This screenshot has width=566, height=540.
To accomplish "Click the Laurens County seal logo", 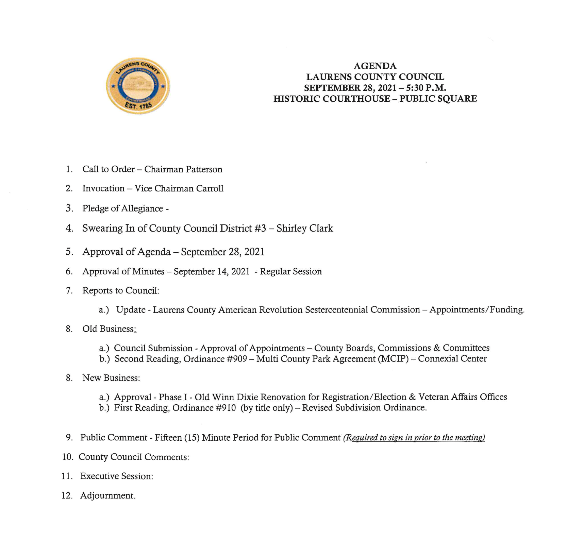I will (x=138, y=86).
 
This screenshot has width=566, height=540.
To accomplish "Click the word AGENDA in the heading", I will (x=375, y=66).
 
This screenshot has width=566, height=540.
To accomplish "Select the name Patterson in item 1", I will (x=203, y=169).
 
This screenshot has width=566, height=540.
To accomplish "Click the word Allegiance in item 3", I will (x=143, y=208).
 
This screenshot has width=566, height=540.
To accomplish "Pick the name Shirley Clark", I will (x=304, y=228).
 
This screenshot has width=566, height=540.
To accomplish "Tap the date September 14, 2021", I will (x=211, y=271).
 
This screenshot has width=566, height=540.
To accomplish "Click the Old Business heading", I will (x=109, y=329).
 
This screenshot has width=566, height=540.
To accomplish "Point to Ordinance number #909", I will (x=237, y=359).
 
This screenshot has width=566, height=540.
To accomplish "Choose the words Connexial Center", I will (x=452, y=359).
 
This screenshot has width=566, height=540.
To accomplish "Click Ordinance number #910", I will (x=226, y=408).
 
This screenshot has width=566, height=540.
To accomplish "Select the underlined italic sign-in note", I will (x=414, y=438).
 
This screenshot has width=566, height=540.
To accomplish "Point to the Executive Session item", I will (x=116, y=476).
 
